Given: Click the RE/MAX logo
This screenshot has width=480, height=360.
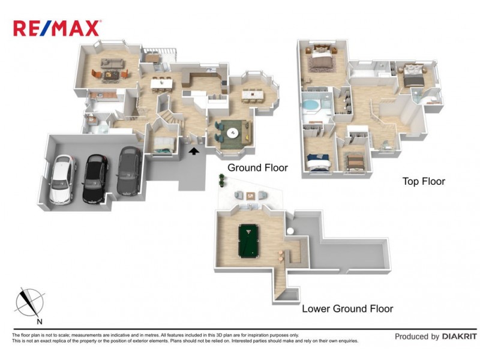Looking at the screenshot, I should [x=57, y=28].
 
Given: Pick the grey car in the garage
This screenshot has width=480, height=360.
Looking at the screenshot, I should [x=128, y=172].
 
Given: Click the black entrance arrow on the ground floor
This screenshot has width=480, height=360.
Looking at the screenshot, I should [x=194, y=153].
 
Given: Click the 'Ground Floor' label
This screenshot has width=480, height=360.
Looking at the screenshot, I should [x=257, y=168].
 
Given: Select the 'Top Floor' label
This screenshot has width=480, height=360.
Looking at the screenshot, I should [x=424, y=181].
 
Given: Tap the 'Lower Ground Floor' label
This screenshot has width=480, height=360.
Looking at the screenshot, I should [x=347, y=308].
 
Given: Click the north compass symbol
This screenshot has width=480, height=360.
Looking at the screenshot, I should [x=29, y=302].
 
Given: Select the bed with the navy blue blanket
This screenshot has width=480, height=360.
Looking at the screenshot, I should [x=319, y=160].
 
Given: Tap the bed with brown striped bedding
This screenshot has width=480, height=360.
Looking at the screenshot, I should [x=355, y=160].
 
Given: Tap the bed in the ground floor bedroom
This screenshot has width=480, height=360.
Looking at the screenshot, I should [x=164, y=143].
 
